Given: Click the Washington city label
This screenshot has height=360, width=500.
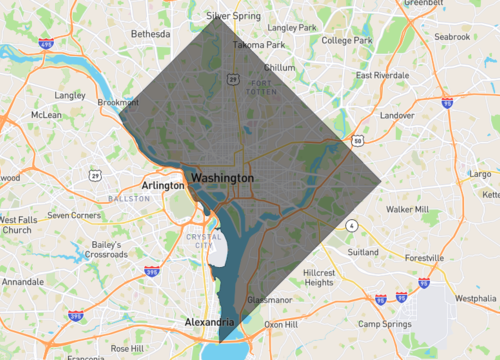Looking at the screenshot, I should click(x=222, y=177).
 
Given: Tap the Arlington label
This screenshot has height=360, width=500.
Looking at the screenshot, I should click(x=163, y=185).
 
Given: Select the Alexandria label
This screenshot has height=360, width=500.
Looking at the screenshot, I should click(x=209, y=322).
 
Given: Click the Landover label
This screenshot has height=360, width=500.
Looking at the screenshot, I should click(x=396, y=116).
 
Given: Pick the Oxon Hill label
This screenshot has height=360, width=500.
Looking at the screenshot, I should click(x=281, y=324).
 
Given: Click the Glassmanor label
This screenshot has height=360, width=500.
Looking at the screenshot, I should click(x=268, y=299).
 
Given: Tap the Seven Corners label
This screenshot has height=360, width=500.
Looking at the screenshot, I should click(x=74, y=215).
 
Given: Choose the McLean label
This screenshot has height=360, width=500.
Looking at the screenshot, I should click(x=46, y=115).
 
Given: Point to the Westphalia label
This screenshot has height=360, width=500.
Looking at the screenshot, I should click(x=475, y=298).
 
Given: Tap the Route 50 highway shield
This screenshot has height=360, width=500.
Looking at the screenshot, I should click(x=357, y=141).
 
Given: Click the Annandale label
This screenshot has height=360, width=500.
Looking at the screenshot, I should click(x=22, y=282).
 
